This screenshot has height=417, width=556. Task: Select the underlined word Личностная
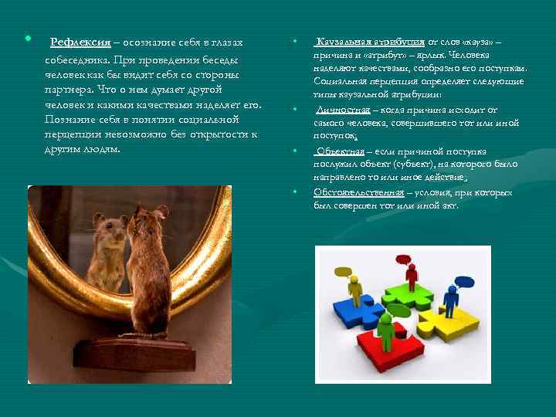[338, 110]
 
